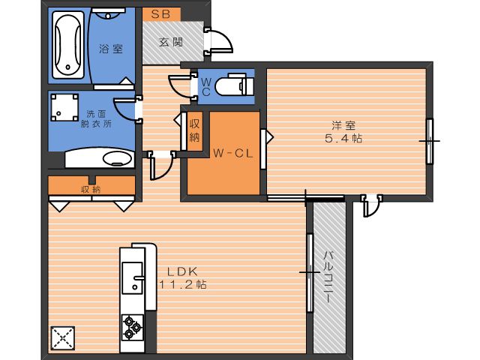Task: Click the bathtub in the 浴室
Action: (68, 45)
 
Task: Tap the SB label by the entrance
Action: (160, 14)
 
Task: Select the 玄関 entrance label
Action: (171, 42)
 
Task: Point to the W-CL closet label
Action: (233, 153)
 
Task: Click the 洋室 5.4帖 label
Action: (343, 132)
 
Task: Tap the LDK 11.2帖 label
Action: (183, 278)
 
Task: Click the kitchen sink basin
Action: (132, 277)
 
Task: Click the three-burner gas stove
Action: (133, 328)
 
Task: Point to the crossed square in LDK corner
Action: (63, 338)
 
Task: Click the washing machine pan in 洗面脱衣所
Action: (64, 107)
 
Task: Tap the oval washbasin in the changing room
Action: (118, 158)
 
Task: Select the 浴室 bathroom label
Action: (111, 49)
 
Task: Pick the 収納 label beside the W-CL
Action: (195, 130)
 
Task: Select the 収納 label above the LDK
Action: (91, 189)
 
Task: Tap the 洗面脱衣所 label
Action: (96, 119)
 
